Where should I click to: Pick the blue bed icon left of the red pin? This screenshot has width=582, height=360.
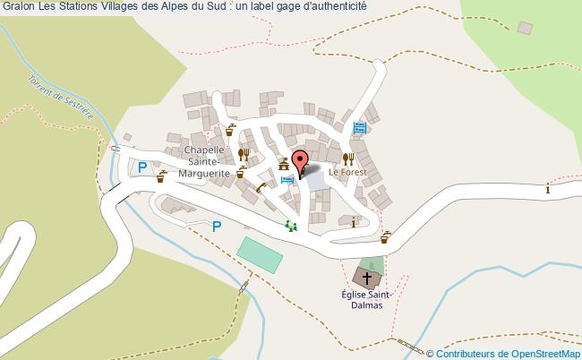[287, 180]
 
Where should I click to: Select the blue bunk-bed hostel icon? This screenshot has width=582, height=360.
[360, 128]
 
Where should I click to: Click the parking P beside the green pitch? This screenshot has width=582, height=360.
[216, 227]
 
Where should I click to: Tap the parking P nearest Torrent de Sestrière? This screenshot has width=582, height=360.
[141, 167]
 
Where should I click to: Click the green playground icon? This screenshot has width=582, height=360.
[290, 226]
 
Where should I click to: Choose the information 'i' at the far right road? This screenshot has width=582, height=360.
[548, 188]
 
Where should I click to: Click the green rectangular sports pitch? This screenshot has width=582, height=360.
[261, 255]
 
